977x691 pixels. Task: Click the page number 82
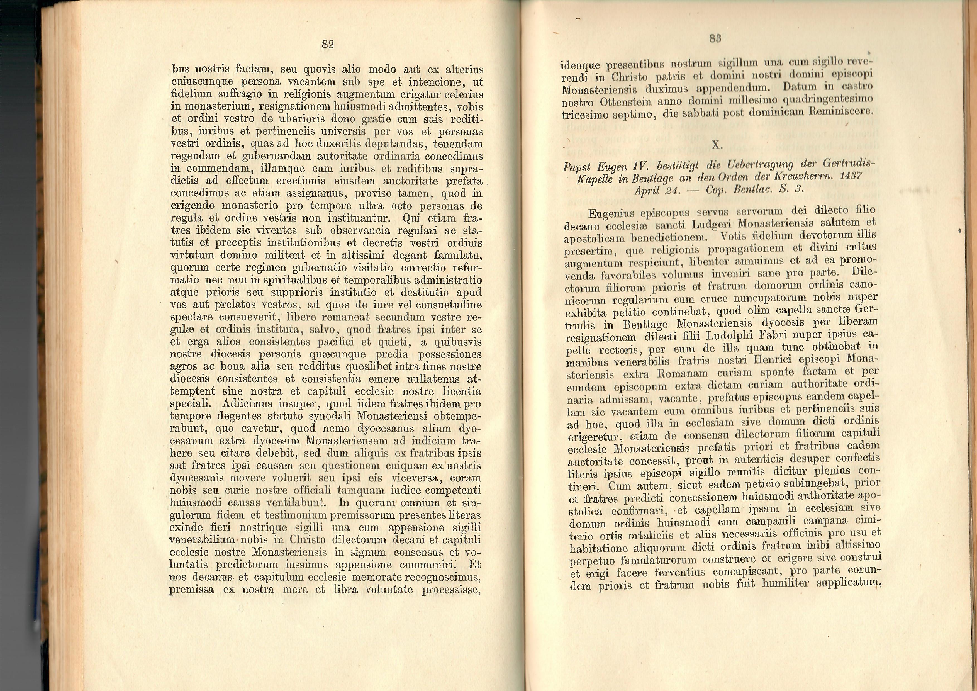[x=328, y=44]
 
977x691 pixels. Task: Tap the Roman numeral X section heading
[x=717, y=145]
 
